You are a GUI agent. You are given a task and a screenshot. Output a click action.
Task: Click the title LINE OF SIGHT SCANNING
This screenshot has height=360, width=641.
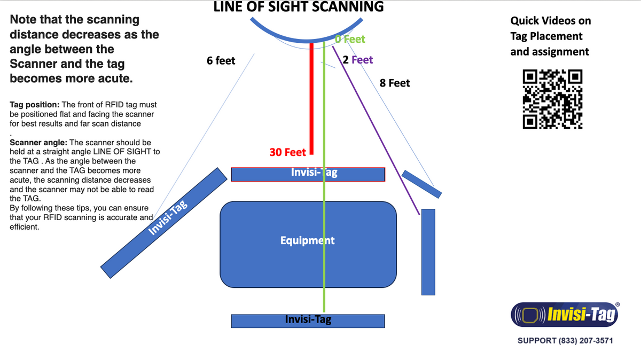pyautogui.click(x=298, y=7)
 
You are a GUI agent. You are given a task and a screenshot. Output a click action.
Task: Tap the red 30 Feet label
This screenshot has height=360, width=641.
pyautogui.click(x=287, y=152)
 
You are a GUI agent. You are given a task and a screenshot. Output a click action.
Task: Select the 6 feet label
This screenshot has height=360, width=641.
pyautogui.click(x=221, y=61)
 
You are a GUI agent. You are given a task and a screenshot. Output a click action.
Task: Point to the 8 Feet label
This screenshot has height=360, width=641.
pyautogui.click(x=394, y=83)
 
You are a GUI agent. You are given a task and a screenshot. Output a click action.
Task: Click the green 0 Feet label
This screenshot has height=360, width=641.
pyautogui.click(x=350, y=39)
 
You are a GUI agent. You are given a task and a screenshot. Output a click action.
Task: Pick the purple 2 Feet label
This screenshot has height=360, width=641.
pyautogui.click(x=358, y=60)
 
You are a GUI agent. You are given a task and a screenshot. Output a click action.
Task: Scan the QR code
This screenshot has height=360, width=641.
pyautogui.click(x=552, y=100)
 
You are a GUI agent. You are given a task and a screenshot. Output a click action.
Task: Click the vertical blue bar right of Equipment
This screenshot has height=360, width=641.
pyautogui.click(x=428, y=252)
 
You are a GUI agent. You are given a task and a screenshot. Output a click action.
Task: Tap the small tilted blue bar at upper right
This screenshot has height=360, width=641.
pyautogui.click(x=421, y=183)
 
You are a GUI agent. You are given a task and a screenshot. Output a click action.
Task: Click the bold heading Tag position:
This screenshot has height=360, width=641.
pyautogui.click(x=34, y=105)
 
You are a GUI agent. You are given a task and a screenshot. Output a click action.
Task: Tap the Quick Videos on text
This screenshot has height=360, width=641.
pyautogui.click(x=550, y=21)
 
